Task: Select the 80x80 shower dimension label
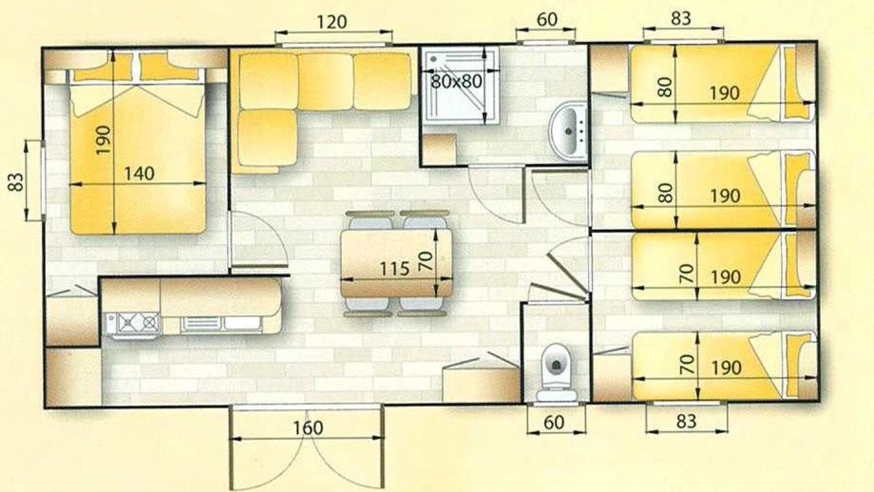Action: [457, 81]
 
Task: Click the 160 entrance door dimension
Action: [308, 428]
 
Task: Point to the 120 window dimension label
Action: [332, 22]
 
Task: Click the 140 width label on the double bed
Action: [139, 174]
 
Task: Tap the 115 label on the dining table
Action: [395, 269]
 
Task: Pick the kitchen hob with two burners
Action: [139, 323]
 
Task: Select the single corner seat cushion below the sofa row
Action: [267, 138]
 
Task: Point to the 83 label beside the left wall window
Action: [16, 182]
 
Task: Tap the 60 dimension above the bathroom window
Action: [547, 20]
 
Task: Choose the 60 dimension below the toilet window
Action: [554, 422]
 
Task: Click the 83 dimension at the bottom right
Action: [686, 422]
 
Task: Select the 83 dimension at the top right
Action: [681, 18]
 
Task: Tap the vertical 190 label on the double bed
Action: [103, 140]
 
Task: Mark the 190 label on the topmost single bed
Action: [724, 93]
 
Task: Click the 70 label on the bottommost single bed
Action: [687, 364]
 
